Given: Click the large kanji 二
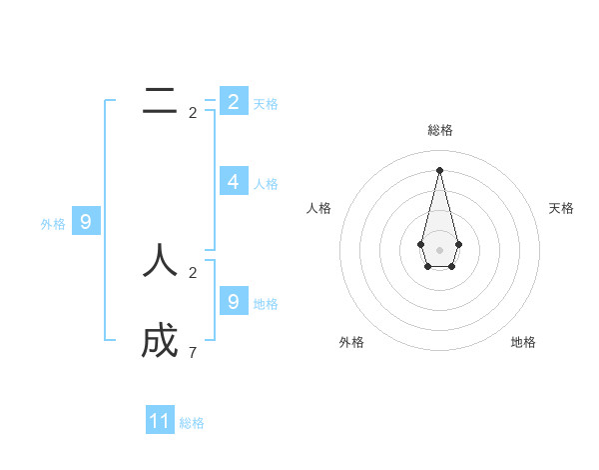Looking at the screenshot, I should click(160, 100).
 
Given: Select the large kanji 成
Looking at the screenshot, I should click(160, 342).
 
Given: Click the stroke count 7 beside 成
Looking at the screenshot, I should click(193, 353).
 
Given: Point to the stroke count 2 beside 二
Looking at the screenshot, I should click(193, 113).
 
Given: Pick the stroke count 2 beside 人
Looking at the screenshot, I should click(193, 272).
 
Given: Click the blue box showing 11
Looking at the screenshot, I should click(160, 421).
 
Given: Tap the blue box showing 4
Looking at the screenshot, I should click(233, 181).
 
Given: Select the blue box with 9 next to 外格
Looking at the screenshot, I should click(86, 222).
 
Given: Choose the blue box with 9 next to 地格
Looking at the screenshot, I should click(233, 301).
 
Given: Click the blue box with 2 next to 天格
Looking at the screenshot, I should click(233, 101).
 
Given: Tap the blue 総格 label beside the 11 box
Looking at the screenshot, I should click(192, 423).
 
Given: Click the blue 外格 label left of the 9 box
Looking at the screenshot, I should click(53, 224).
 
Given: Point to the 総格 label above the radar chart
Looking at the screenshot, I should click(440, 131).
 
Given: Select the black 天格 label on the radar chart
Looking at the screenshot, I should click(561, 208).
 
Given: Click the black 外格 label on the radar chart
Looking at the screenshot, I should click(351, 342).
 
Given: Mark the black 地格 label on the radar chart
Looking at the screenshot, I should click(523, 342).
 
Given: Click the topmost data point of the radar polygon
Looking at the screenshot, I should click(439, 169).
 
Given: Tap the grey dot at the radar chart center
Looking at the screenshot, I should click(439, 249).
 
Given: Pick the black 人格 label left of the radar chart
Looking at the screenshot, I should click(319, 208).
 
